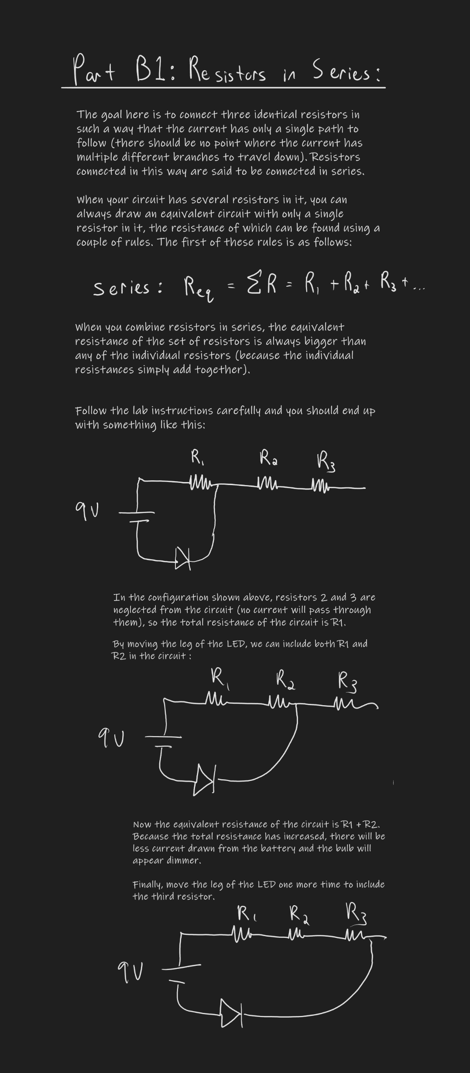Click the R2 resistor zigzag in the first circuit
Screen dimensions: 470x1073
click(267, 484)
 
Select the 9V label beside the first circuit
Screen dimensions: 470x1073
click(87, 508)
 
